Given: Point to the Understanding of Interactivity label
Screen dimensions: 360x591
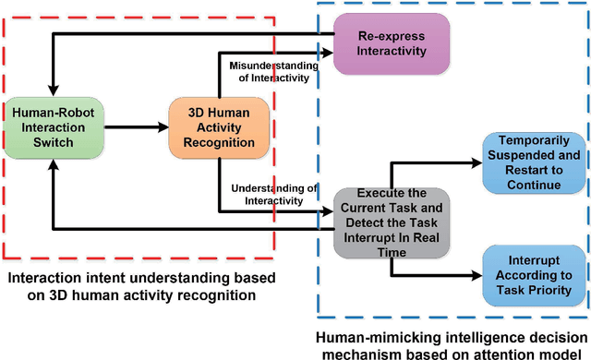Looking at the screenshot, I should coord(273,195).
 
